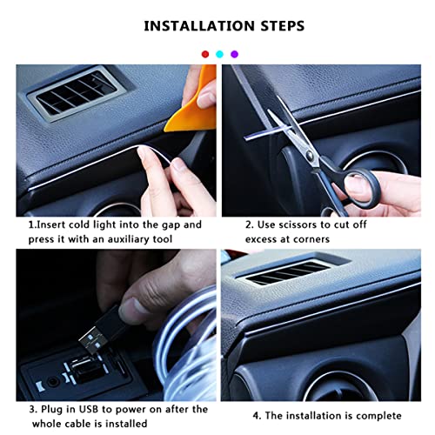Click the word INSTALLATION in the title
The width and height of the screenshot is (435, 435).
click(x=190, y=26)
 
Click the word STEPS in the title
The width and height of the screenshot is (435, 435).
click(x=274, y=26)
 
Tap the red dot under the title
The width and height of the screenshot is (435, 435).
click(x=205, y=54)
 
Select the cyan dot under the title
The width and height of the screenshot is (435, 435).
click(x=219, y=54)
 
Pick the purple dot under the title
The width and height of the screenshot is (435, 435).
click(x=234, y=54)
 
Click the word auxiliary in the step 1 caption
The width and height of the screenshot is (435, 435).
click(x=137, y=238)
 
